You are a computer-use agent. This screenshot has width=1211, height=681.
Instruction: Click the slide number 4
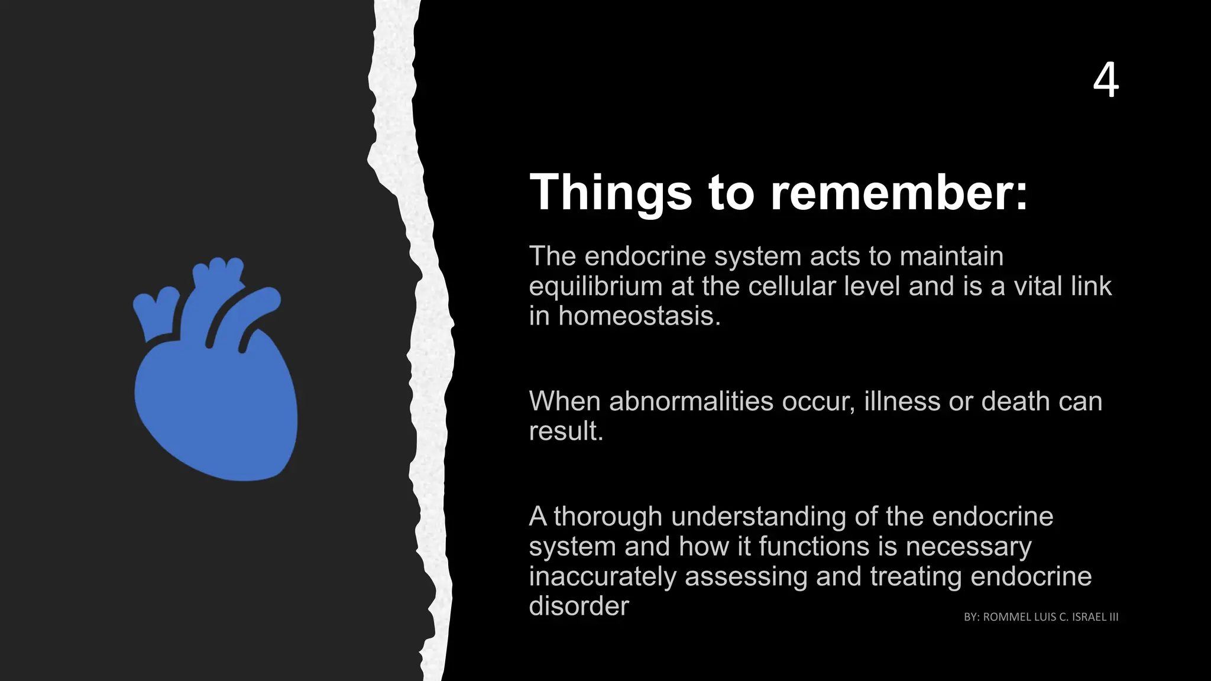[1105, 81]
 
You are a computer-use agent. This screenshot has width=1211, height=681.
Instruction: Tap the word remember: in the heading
[899, 192]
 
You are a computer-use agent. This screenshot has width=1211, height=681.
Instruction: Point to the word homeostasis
[640, 316]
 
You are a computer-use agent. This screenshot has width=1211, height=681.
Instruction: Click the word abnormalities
[691, 401]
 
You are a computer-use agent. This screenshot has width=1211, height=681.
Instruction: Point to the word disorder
[578, 606]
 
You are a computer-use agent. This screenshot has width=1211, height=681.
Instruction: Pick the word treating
[916, 576]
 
